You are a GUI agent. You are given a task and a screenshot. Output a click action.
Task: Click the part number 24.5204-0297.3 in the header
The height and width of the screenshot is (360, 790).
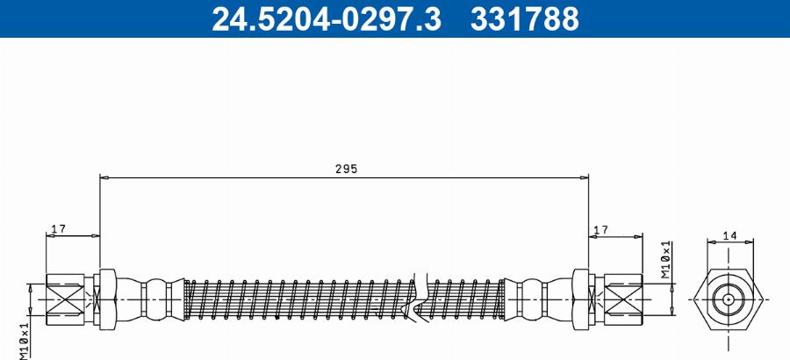[327, 18]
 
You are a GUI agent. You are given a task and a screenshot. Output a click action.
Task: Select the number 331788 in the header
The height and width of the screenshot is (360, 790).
[525, 18]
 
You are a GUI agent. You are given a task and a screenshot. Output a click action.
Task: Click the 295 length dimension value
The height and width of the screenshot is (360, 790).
[347, 168]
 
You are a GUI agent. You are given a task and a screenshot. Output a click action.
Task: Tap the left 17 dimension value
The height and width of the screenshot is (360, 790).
[59, 229]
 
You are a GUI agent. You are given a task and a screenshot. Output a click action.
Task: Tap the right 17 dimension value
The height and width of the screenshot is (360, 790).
[600, 229]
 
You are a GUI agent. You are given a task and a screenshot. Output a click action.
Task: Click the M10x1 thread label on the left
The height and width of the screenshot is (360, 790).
[24, 338]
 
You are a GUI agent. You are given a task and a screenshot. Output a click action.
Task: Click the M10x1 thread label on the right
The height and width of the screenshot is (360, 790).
[666, 261]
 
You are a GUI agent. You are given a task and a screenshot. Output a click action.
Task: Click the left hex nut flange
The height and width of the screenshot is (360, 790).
[107, 299]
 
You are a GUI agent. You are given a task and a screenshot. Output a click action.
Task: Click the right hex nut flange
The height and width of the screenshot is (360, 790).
[581, 299]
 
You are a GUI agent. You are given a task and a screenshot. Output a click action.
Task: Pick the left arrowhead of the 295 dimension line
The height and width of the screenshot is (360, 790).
[104, 177]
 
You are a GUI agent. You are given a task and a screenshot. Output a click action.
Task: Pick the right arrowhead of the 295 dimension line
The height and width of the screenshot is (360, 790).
[585, 177]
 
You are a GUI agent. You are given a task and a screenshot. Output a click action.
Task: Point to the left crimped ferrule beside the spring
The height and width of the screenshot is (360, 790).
[155, 299]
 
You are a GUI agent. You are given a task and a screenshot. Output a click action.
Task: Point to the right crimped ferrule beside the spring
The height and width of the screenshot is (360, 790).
[533, 299]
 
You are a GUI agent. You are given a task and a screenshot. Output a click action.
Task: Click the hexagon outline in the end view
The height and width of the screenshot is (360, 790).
[699, 299]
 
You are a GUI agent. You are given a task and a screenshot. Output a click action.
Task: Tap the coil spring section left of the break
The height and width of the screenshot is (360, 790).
[298, 299]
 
